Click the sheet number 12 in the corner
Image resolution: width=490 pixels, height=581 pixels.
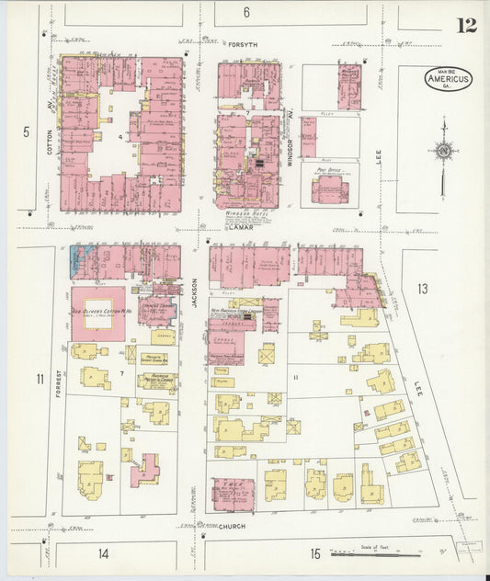(x=466, y=24)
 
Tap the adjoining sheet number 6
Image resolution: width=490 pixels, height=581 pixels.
(x=246, y=12)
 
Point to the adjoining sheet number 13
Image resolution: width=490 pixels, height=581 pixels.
(x=422, y=290)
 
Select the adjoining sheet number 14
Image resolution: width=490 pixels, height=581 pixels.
(x=104, y=553)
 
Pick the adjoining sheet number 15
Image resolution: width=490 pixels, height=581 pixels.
(x=315, y=553)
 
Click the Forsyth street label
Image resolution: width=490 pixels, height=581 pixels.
(x=245, y=42)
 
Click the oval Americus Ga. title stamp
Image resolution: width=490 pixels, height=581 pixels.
(x=449, y=79)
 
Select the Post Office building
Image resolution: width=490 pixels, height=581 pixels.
(x=329, y=187)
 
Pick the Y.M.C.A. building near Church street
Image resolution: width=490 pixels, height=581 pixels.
(x=233, y=494)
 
